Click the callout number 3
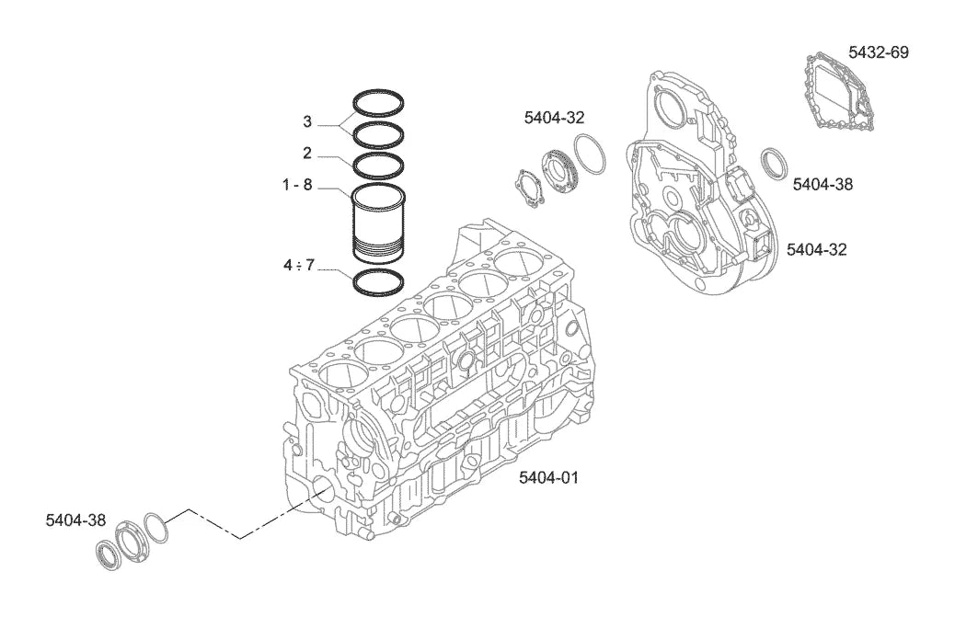tap(307, 121)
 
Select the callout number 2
tap(307, 153)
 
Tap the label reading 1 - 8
tap(297, 185)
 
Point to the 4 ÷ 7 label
tap(298, 266)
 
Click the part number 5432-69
tap(879, 52)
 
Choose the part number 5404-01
tap(548, 477)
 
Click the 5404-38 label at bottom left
tap(75, 520)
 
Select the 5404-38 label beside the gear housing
tap(823, 184)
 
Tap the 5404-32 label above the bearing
tap(554, 118)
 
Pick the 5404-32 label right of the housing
tap(817, 249)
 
